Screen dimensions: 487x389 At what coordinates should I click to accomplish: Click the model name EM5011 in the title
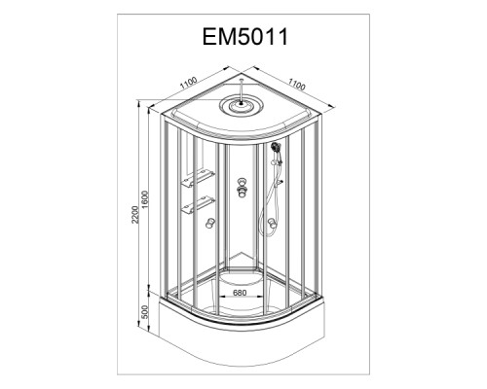245,37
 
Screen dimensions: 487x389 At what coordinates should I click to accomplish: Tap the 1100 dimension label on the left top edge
189,83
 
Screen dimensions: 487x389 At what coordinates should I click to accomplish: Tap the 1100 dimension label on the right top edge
297,85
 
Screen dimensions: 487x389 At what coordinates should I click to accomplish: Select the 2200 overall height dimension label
135,214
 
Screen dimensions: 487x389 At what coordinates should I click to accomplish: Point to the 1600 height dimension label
145,199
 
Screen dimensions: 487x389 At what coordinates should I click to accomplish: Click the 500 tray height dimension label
145,311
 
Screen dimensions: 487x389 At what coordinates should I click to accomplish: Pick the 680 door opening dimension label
240,293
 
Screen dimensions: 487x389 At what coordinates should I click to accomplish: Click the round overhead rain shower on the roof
241,105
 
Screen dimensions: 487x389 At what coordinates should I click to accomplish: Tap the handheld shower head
277,147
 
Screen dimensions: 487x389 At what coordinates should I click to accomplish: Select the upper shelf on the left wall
198,178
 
